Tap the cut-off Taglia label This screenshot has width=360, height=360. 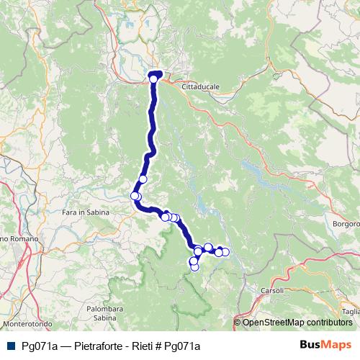(x=351, y=311)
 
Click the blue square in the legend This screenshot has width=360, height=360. (x=9, y=345)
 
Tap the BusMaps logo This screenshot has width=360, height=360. (x=325, y=344)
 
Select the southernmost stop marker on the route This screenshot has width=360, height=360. (x=194, y=267)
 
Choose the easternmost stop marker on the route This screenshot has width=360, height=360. (x=225, y=251)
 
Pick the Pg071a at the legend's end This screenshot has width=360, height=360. (x=182, y=345)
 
